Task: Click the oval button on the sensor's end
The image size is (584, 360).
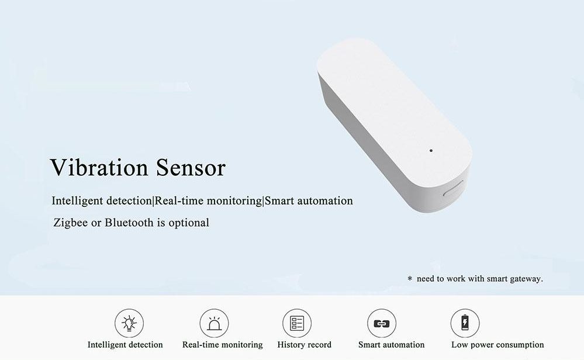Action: tap(454, 193)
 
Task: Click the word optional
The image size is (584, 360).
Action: tap(188, 223)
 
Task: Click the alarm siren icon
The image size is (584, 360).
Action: tap(214, 323)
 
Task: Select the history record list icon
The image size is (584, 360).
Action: tap(297, 323)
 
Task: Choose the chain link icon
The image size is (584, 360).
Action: tap(382, 323)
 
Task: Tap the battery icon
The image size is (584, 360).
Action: tap(465, 323)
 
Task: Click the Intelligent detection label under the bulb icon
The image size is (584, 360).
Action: tap(125, 345)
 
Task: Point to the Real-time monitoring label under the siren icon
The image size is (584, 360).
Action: tap(222, 345)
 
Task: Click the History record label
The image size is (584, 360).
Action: tap(304, 345)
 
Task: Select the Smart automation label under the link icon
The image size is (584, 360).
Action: tap(391, 345)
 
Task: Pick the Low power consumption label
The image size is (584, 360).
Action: tap(497, 345)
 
